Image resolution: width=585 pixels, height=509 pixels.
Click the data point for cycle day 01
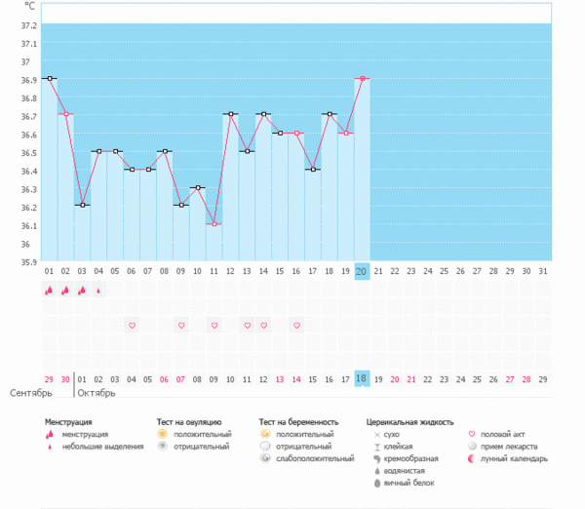point(49,78)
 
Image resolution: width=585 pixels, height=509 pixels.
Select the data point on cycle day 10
point(197,187)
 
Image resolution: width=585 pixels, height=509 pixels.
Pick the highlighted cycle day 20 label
point(362,271)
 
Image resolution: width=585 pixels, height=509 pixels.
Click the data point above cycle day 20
point(362,78)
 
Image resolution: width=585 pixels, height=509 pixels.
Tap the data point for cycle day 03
point(82,205)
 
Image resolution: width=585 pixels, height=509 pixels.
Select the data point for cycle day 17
point(312,170)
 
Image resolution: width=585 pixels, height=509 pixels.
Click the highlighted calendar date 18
point(362,378)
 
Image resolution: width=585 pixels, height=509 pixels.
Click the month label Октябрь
point(97,393)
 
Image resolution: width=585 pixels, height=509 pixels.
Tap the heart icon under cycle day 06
point(132,324)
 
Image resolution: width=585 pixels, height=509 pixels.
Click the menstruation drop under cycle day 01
point(49,290)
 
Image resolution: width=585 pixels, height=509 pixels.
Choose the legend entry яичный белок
point(408,483)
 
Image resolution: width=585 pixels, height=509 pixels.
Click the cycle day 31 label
point(543,271)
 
